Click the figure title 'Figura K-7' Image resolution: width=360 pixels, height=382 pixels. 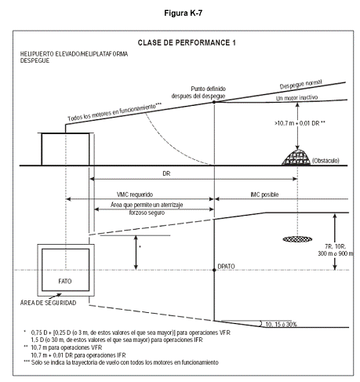pos(183,13)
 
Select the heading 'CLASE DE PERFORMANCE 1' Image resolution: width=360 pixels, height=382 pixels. pos(187,42)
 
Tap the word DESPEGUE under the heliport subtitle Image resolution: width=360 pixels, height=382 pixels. pos(35,60)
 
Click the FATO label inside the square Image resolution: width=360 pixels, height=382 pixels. pos(65,281)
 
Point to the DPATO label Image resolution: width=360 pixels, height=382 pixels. pos(226,266)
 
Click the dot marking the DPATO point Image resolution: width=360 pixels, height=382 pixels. pos(214,270)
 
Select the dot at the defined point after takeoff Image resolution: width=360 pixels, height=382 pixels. pos(214,102)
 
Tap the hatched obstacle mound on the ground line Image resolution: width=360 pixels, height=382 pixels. pos(296,158)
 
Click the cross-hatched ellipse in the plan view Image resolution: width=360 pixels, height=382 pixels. pos(297,239)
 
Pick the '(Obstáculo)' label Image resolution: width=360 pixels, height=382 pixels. pos(325,160)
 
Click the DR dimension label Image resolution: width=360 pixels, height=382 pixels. pos(166,173)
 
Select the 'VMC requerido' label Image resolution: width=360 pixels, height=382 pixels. pos(135,195)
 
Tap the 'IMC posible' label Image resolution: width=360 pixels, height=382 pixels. pos(264,195)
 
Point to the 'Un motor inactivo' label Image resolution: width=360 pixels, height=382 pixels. pos(296,98)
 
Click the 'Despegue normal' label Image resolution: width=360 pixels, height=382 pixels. pos(300,84)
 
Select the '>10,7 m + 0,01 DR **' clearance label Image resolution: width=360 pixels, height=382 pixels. pos(300,123)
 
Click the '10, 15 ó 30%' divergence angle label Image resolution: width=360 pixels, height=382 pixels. pos(281,324)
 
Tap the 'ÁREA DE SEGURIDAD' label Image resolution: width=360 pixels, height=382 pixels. pos(49,303)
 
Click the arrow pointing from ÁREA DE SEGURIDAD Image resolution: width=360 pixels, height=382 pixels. pos(55,297)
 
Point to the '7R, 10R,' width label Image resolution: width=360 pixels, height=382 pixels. pos(336,246)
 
